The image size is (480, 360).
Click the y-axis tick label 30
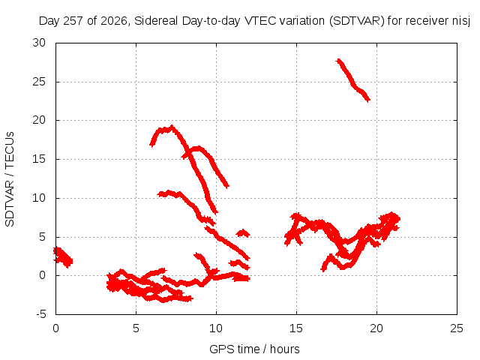pos(39,43)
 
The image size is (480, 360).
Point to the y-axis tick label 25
pos(39,82)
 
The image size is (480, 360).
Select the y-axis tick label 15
pos(39,159)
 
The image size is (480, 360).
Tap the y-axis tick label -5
pos(40,314)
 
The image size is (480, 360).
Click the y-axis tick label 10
pos(39,198)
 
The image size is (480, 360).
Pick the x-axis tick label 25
pos(457,328)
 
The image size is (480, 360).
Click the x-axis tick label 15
pos(296,328)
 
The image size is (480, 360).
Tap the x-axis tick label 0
pos(55,328)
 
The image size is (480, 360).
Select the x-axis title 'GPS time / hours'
pos(254,349)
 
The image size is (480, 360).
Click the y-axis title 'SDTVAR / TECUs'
pos(10,179)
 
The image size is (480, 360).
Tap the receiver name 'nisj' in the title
pos(461,22)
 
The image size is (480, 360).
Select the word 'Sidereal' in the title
pos(156,21)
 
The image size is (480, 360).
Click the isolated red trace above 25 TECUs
pos(353,80)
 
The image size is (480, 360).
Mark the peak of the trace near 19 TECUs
pos(172,127)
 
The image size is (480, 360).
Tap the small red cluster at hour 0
pos(63,257)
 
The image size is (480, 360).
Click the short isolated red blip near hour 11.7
pos(243,233)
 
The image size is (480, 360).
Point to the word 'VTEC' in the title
pos(259,21)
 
